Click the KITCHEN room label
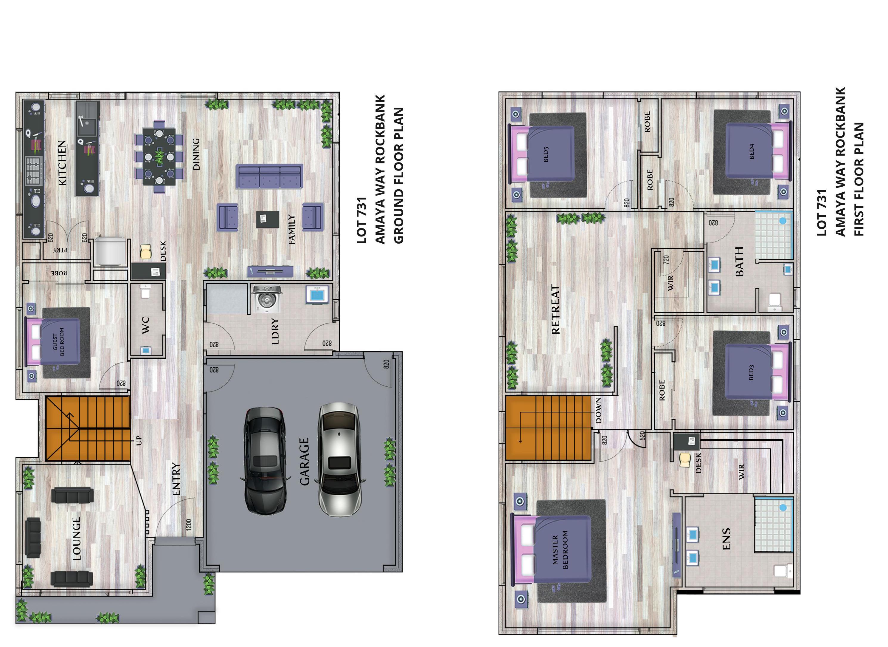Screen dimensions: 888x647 point(62,162)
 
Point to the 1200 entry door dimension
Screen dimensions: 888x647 point(189,525)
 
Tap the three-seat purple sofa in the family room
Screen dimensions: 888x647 point(269,177)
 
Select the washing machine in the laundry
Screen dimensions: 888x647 point(267,299)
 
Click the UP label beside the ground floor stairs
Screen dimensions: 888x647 point(139,441)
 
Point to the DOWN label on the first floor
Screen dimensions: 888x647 point(598,411)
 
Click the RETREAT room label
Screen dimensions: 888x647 point(555,309)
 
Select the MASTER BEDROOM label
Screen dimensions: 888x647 point(560,550)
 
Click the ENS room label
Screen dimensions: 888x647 point(726,539)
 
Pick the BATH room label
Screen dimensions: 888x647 point(739,261)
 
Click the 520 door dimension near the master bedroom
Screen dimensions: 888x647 point(642,436)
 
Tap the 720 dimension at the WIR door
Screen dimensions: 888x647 point(666,259)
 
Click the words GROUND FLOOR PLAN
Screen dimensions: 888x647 point(398,175)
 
